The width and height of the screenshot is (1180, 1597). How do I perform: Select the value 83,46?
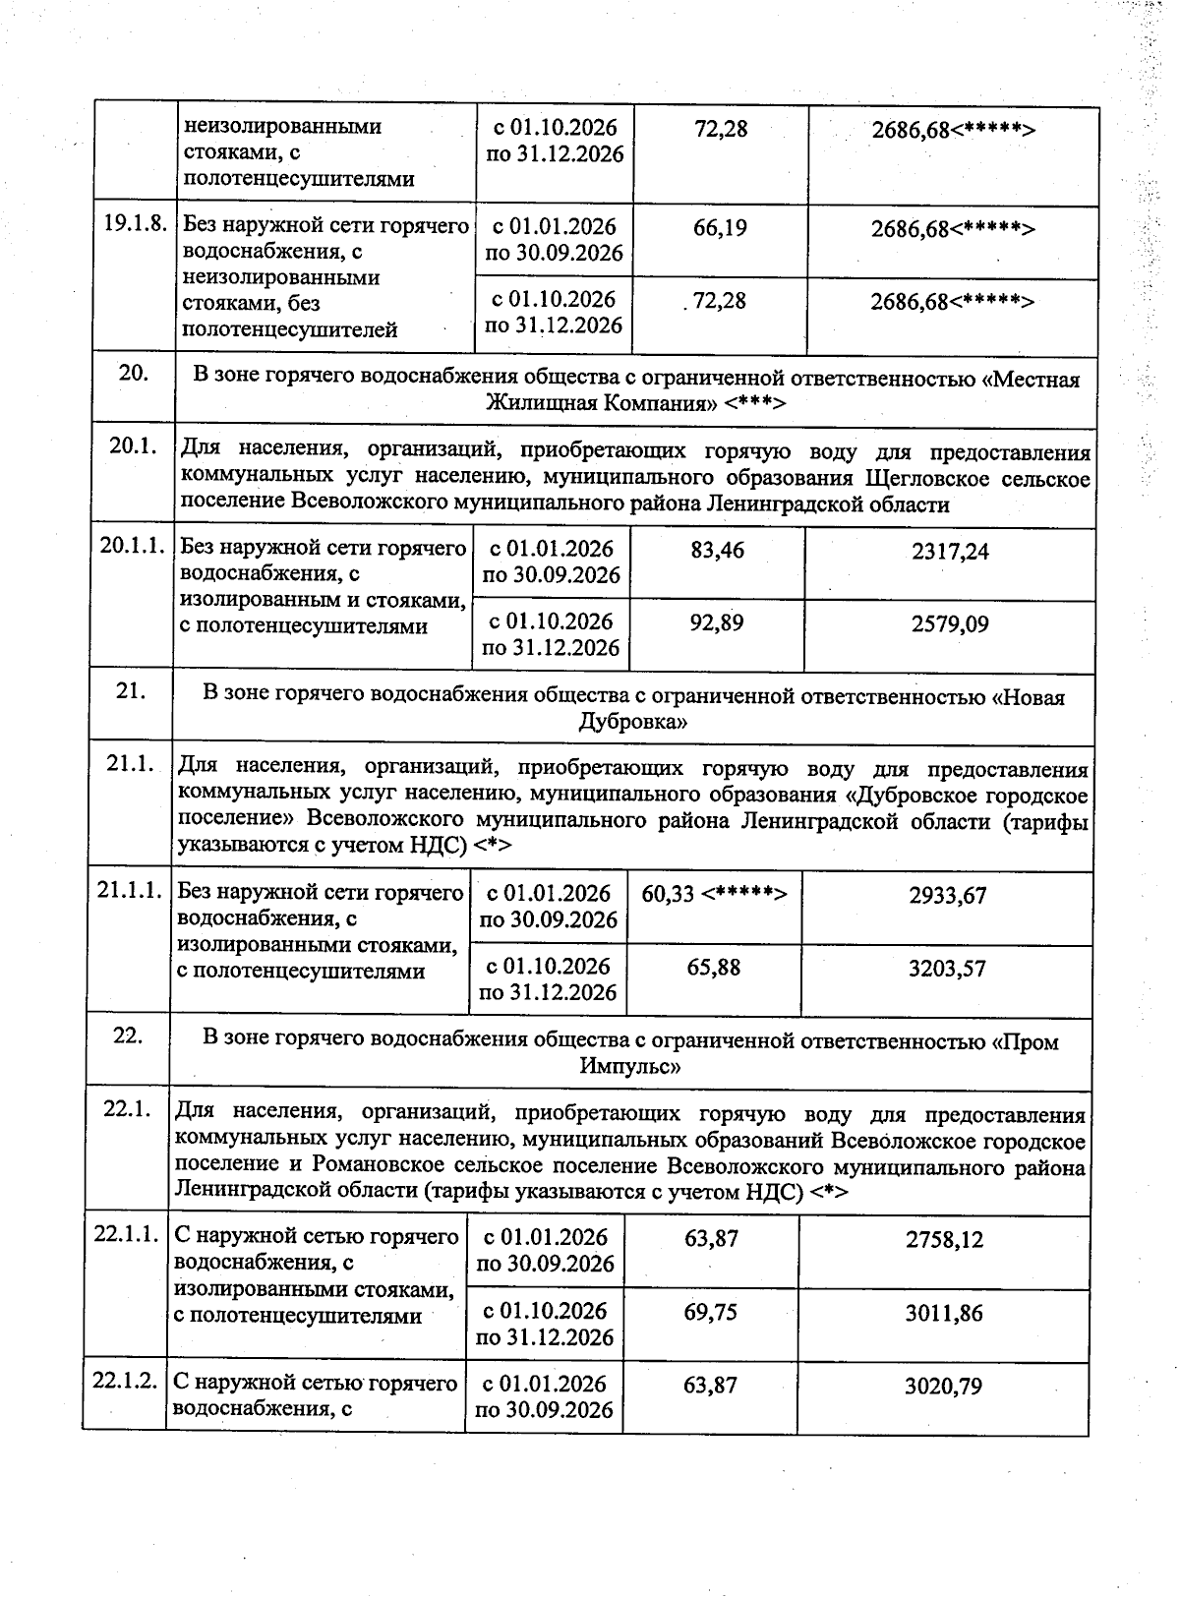[717, 551]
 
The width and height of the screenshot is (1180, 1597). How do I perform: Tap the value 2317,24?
[950, 552]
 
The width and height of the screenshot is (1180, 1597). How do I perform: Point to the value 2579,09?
[950, 624]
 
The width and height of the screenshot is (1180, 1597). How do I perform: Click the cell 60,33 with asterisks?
[714, 894]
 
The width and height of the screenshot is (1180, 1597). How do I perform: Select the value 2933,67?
[948, 896]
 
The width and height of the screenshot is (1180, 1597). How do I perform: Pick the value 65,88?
[714, 968]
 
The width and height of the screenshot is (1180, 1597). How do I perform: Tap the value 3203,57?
[948, 970]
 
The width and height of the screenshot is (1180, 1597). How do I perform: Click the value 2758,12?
[944, 1240]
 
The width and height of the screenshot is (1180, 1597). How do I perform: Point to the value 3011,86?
[944, 1314]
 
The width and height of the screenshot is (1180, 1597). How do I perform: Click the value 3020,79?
[943, 1387]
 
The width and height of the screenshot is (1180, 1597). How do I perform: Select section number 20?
[134, 373]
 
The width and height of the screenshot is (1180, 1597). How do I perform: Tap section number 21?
[131, 690]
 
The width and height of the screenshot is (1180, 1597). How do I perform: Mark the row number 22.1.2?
[125, 1382]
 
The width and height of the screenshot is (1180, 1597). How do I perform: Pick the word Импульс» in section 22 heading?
[630, 1066]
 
